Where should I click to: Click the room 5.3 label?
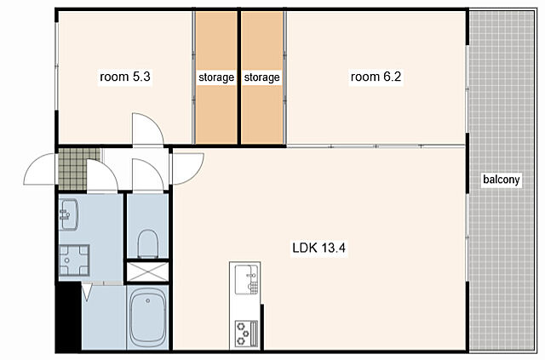click(125, 77)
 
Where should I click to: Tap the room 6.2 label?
click(376, 77)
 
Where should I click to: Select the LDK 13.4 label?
click(318, 249)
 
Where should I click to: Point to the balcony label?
click(502, 180)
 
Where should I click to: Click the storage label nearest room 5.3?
click(216, 77)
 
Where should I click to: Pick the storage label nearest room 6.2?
click(261, 77)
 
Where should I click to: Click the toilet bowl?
click(148, 243)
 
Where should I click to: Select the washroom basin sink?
click(69, 214)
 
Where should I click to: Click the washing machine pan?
click(74, 260)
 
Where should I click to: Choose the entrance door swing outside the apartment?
click(39, 169)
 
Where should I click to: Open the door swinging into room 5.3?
click(147, 129)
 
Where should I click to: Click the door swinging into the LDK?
click(187, 169)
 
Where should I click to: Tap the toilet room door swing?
click(147, 174)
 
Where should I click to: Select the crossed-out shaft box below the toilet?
click(147, 271)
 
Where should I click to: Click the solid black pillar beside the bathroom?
click(69, 316)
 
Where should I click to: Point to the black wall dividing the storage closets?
click(239, 77)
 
